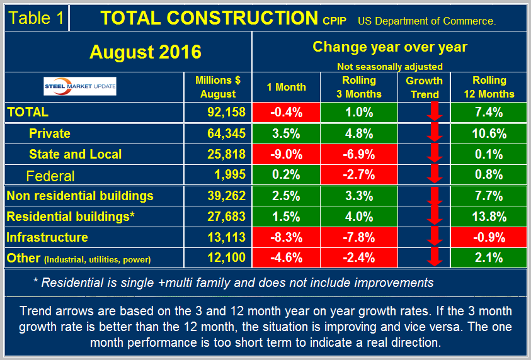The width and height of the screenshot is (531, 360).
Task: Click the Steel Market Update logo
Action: (x=79, y=87)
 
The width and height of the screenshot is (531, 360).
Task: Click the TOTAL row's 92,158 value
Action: (x=217, y=113)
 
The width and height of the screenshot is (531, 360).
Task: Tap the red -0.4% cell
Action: (x=286, y=113)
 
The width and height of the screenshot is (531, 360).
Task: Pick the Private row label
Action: (x=50, y=133)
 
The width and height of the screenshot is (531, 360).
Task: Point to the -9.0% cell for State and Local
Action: (x=286, y=154)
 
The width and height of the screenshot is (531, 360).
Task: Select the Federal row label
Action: (x=50, y=176)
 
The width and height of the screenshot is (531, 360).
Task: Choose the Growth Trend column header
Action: (x=424, y=87)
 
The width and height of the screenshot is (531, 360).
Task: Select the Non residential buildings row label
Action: (x=80, y=196)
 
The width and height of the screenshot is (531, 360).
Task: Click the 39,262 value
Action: (x=217, y=196)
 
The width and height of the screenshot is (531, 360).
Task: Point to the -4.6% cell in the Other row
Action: (x=286, y=258)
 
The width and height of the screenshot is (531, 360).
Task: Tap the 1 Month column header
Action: (x=286, y=87)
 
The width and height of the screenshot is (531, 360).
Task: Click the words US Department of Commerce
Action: (x=426, y=21)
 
